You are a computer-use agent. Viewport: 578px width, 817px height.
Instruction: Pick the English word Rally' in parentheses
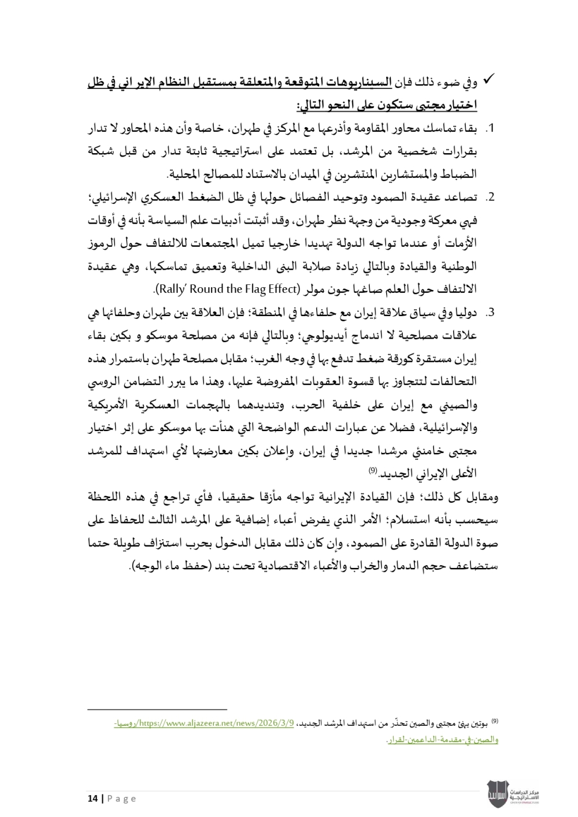(172, 288)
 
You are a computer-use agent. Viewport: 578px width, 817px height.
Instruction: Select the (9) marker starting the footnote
(494, 721)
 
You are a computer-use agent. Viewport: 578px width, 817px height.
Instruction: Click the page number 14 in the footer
(92, 799)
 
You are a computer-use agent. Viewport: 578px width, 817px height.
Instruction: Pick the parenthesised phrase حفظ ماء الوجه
(165, 564)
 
